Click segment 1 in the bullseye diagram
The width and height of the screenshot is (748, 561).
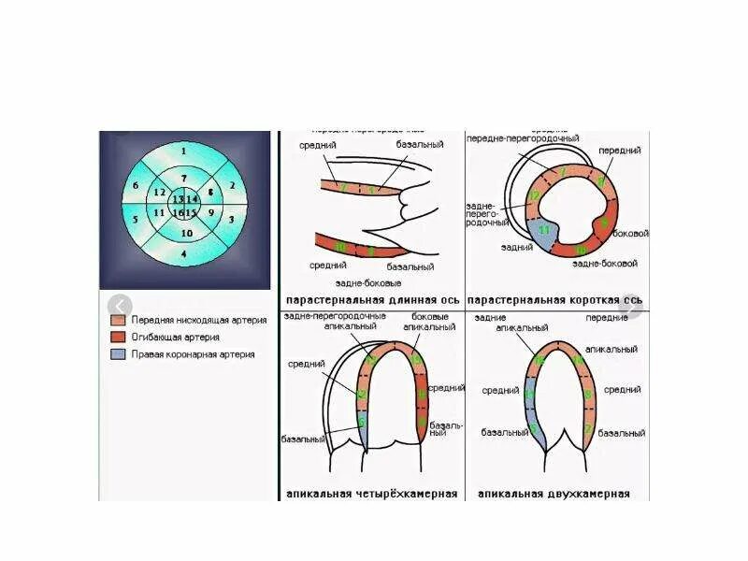click(184, 151)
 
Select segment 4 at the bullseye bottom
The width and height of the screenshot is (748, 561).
click(184, 254)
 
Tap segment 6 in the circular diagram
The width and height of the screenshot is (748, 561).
click(136, 186)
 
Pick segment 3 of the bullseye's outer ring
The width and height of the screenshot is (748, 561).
click(232, 219)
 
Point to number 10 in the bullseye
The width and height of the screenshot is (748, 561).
click(186, 233)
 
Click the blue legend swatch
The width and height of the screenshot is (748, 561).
click(117, 355)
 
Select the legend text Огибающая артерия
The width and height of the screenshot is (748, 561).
click(177, 338)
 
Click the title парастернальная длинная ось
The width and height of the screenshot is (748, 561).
click(371, 300)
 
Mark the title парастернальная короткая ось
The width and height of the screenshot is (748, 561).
click(554, 300)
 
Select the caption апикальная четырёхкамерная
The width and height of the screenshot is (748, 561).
click(372, 494)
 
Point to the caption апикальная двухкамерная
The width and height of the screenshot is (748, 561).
click(554, 494)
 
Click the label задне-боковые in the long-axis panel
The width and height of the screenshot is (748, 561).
click(369, 282)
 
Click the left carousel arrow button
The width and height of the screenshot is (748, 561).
click(120, 307)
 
